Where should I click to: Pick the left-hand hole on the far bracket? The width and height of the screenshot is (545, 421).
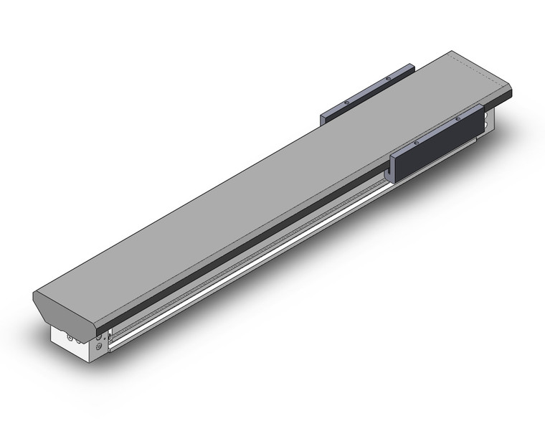tap(346, 102)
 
